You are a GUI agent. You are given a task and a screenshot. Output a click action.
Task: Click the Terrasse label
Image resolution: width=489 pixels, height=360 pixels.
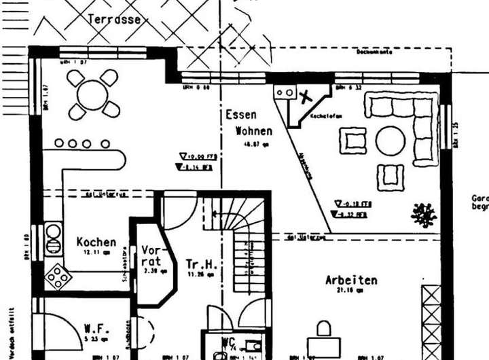115,19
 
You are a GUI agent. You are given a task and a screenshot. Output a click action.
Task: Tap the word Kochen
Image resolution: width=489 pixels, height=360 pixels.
96,242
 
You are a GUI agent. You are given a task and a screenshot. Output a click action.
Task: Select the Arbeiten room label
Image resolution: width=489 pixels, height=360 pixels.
351,280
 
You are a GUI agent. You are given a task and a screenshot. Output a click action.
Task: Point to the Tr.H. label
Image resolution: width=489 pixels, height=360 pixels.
201,264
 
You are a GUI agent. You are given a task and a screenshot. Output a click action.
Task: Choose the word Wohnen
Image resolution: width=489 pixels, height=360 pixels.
253,131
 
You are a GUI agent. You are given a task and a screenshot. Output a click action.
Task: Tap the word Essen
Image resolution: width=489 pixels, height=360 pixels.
241,115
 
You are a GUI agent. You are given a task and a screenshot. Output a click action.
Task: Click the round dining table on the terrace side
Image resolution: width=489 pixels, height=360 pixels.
92,94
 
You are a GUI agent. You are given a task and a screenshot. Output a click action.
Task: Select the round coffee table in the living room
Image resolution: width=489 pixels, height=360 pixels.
391,141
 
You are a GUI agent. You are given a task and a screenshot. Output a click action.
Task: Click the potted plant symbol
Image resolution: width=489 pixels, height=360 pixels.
424,214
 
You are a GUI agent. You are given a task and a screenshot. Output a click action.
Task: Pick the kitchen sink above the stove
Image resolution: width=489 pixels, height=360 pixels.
54,239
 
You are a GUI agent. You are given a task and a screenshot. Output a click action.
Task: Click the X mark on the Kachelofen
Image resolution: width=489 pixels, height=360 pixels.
306,96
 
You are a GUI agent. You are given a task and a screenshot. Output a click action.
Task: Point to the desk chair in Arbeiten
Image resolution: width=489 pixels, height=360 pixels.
324,329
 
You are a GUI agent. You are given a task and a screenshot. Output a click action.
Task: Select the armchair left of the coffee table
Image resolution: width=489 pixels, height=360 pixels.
353,141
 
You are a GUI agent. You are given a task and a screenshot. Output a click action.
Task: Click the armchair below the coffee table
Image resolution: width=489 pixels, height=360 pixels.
391,176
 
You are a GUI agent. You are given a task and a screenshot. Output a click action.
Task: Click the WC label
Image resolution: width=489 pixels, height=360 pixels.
228,342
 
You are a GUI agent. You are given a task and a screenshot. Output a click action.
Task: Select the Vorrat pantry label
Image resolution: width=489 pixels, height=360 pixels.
151,256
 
